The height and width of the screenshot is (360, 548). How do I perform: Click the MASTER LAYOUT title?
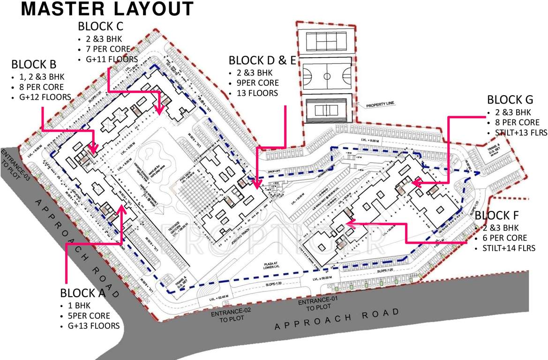107,9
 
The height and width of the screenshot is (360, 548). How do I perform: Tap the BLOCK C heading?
103,26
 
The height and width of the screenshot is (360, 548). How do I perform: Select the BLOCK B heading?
34,64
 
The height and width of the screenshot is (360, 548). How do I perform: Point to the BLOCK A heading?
83,293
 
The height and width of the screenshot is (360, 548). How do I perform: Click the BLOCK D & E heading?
262,60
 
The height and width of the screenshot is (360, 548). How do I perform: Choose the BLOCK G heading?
510,100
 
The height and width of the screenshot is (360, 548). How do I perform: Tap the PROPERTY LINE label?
380,106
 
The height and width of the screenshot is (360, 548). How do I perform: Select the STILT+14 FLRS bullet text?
511,248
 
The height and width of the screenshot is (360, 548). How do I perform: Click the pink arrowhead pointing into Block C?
159,110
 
